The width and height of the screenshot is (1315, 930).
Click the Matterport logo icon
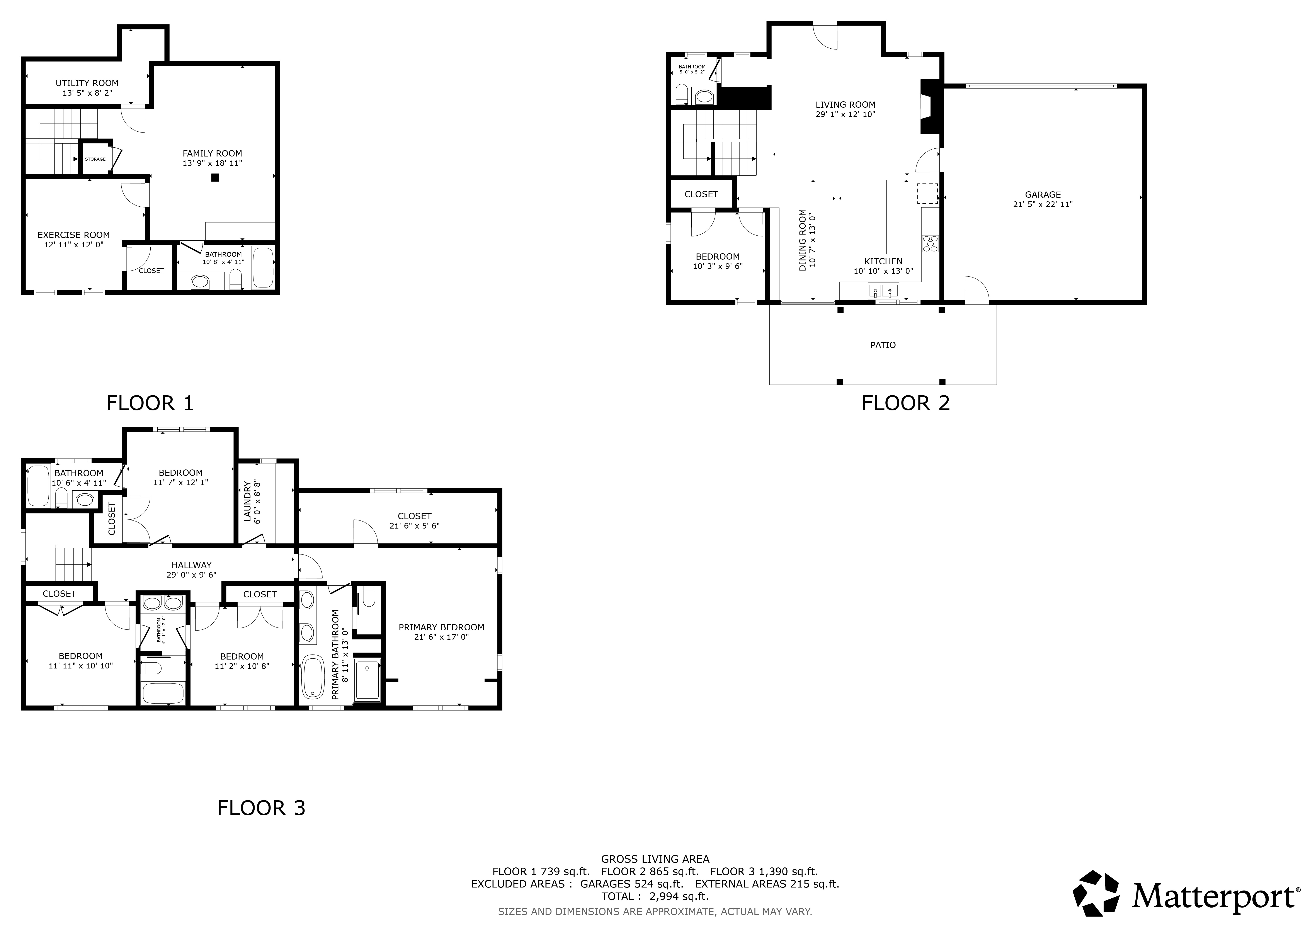click(x=1096, y=894)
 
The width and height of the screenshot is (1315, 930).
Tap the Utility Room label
click(x=87, y=83)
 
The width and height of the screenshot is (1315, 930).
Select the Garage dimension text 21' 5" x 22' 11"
click(x=1043, y=204)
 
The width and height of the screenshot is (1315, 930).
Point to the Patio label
click(x=883, y=345)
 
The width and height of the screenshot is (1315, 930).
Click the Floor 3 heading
click(x=261, y=808)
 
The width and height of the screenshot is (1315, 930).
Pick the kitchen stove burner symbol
click(x=930, y=244)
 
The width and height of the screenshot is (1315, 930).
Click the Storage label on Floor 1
click(x=95, y=159)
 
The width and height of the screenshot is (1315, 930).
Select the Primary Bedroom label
click(x=442, y=627)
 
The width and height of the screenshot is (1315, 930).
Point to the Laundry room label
click(x=247, y=502)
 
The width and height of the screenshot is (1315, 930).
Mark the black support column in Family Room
click(x=215, y=178)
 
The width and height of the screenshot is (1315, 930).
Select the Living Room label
click(x=845, y=105)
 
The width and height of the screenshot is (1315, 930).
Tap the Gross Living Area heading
click(x=655, y=859)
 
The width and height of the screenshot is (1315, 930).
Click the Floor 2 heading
click(x=906, y=403)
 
